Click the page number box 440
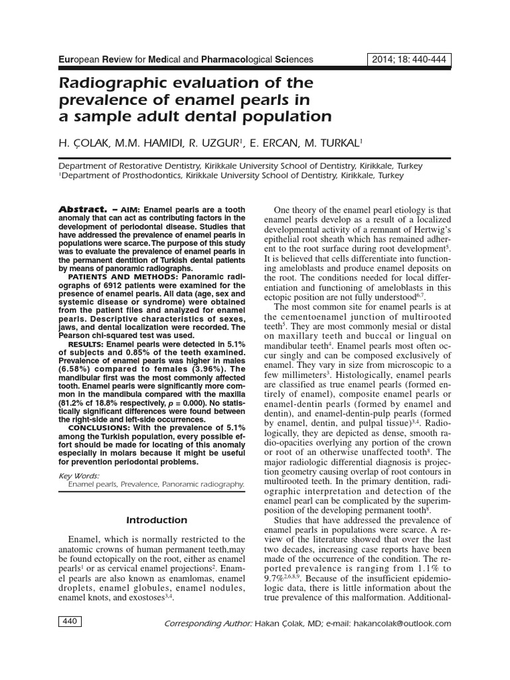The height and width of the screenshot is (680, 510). (69, 622)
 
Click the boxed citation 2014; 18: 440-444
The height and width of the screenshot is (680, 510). (409, 60)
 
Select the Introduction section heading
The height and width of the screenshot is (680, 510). (157, 520)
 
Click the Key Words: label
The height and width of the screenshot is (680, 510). (79, 475)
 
